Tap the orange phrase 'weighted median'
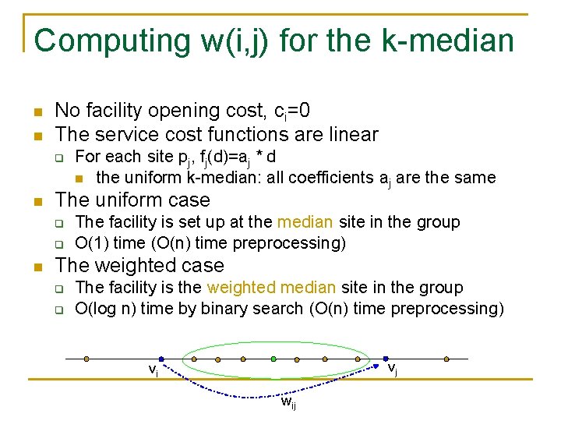257,288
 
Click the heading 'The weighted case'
139,266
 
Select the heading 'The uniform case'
132,200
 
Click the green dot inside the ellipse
273,359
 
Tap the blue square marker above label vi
160,359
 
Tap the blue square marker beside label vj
385,359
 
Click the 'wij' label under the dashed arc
288,402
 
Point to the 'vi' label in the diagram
153,370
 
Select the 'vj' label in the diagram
393,369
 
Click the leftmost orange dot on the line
86,359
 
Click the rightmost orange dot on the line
446,359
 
